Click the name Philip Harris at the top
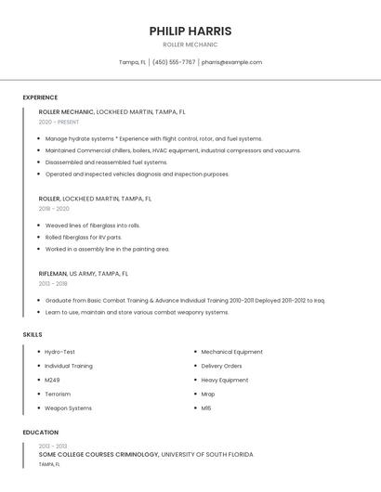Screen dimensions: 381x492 pyautogui.click(x=190, y=31)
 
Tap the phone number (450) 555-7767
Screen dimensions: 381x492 pyautogui.click(x=174, y=62)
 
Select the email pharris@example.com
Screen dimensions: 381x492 pyautogui.click(x=231, y=62)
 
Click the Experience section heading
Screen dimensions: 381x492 pyautogui.click(x=40, y=97)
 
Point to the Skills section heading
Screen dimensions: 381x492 pyautogui.click(x=33, y=334)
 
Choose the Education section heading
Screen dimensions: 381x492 pyautogui.click(x=40, y=433)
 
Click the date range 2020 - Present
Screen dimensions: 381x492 pyautogui.click(x=59, y=122)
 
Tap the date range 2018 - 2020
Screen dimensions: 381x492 pyautogui.click(x=54, y=209)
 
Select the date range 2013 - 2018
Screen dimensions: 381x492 pyautogui.click(x=53, y=284)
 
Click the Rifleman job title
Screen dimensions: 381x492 pyautogui.click(x=52, y=274)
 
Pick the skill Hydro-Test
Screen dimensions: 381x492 pyautogui.click(x=59, y=352)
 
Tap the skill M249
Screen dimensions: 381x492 pyautogui.click(x=52, y=380)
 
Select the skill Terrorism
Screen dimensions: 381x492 pyautogui.click(x=58, y=394)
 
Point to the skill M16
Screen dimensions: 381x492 pyautogui.click(x=206, y=408)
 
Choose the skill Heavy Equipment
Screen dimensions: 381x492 pyautogui.click(x=224, y=380)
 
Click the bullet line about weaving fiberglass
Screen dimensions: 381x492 pyautogui.click(x=93, y=225)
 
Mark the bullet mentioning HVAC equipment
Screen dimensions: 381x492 pyautogui.click(x=173, y=149)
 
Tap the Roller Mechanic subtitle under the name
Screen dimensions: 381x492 pyautogui.click(x=190, y=45)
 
